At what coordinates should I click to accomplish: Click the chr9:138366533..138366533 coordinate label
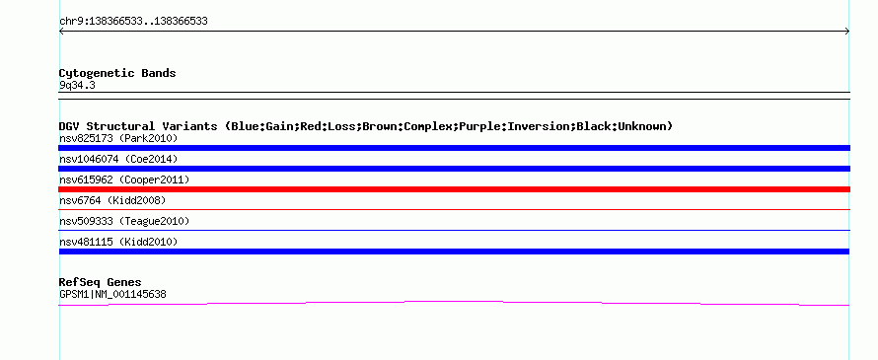point(133,22)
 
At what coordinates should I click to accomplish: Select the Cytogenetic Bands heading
point(117,73)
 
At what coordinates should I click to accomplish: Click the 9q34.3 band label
point(77,86)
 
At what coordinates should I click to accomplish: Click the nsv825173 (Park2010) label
point(118,138)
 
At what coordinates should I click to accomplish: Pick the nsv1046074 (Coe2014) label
point(118,159)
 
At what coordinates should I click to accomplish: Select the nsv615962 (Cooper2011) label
point(124,180)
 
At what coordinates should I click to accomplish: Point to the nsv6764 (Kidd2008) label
point(112,200)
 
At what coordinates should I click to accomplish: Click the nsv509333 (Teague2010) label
point(124,221)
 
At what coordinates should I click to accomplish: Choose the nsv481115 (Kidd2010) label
point(118,242)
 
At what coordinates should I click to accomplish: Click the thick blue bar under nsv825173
point(454,148)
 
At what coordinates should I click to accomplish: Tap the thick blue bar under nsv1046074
point(454,169)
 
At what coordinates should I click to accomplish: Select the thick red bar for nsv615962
point(454,189)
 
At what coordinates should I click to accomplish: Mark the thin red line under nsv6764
point(454,210)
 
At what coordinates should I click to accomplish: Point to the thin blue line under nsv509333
point(454,231)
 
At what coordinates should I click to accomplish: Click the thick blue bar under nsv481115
point(454,252)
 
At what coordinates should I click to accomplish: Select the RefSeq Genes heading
point(101,282)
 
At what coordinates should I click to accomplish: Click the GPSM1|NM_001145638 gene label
point(112,295)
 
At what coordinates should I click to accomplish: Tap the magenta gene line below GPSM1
point(454,302)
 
